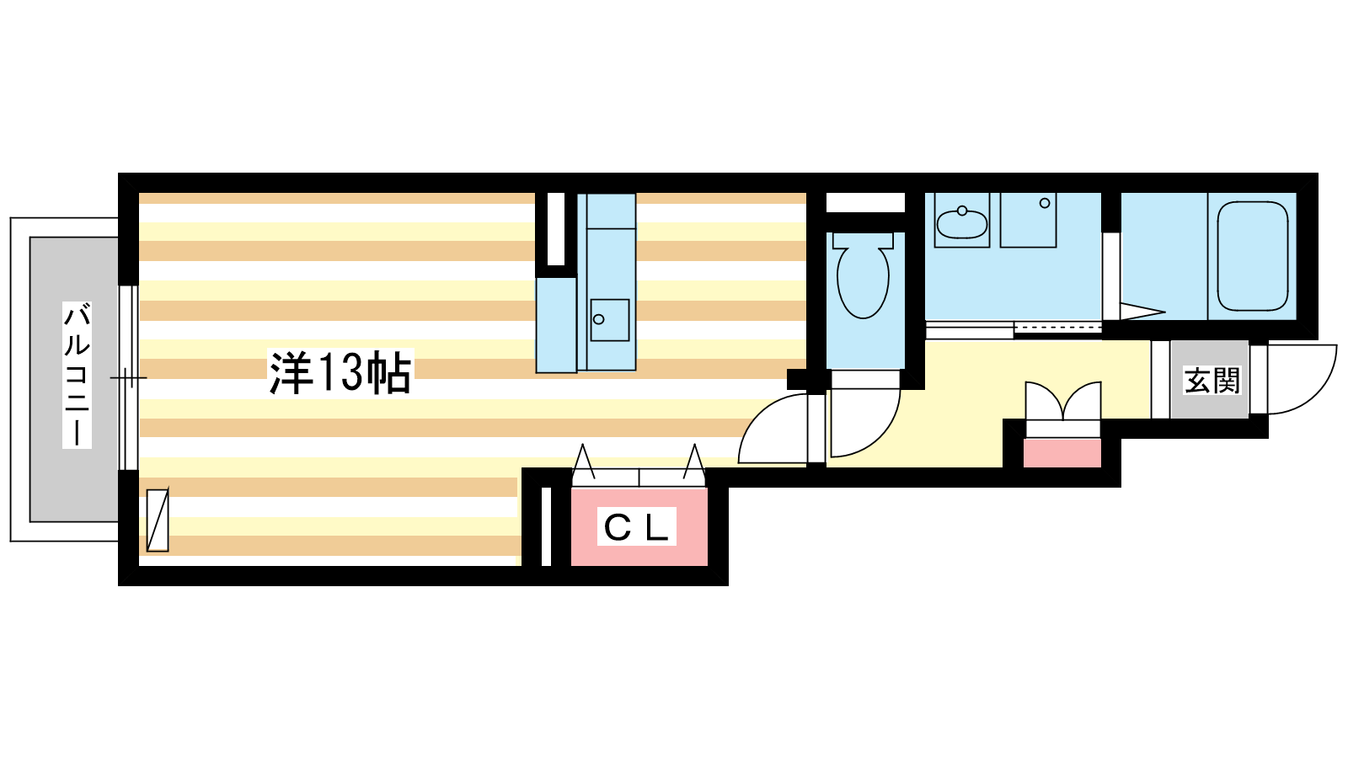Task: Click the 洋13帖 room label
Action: (x=340, y=372)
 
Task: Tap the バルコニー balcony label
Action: (x=77, y=376)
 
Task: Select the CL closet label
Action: (x=636, y=527)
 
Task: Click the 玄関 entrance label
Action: (x=1212, y=380)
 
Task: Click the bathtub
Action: (x=1253, y=256)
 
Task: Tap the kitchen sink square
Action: (x=610, y=320)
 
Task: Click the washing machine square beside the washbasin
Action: (x=1029, y=220)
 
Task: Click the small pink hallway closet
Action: (x=1062, y=453)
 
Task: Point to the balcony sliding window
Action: (x=128, y=377)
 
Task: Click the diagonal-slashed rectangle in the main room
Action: (x=158, y=520)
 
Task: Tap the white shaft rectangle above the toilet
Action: (x=865, y=203)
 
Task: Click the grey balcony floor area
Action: (x=74, y=379)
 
